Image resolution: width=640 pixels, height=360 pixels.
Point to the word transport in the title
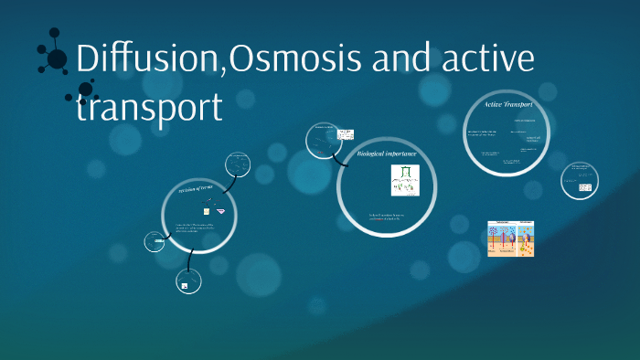coord(149,107)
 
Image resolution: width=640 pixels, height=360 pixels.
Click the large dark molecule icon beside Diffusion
coord(56,58)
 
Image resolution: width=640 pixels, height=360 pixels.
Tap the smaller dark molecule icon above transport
coord(86,91)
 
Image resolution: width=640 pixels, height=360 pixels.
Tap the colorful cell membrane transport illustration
coord(510,238)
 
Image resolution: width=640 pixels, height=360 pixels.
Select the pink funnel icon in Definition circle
coord(220,210)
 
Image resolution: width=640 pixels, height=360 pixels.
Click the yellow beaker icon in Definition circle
coord(206,211)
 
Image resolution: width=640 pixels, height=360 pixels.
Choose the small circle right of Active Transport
coord(580,178)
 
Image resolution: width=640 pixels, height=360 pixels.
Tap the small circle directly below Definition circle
coord(187,284)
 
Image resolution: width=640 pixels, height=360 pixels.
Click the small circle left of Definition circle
coord(155,242)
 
